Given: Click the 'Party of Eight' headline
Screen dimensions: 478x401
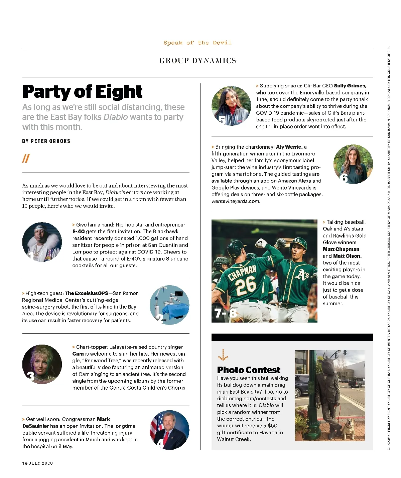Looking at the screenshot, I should pos(82,92).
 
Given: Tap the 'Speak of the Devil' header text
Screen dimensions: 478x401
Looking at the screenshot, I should pos(197,43).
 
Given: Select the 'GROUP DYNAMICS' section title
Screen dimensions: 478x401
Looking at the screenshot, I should pos(197,61).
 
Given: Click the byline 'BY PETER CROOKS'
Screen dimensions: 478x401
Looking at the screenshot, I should pos(46,141).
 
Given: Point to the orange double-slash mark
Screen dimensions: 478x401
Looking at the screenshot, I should pos(26,158).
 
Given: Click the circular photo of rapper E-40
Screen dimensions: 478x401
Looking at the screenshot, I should pos(42,242).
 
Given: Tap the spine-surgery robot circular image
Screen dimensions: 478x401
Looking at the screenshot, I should pos(169,305).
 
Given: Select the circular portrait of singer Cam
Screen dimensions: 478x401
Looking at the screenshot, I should pos(42,364).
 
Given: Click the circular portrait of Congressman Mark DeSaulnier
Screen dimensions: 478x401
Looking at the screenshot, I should pos(169,430).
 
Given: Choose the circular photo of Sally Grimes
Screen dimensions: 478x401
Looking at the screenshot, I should pos(231,106).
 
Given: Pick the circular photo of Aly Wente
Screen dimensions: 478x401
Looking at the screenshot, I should pos(353,164).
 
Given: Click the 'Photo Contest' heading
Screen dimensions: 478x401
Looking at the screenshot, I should pos(249,370).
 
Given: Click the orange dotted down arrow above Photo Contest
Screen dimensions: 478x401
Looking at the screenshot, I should pos(223,356).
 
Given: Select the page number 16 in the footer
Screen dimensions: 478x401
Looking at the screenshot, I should pos(25,463).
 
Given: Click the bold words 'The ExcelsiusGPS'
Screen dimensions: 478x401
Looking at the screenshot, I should pos(87,293).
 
